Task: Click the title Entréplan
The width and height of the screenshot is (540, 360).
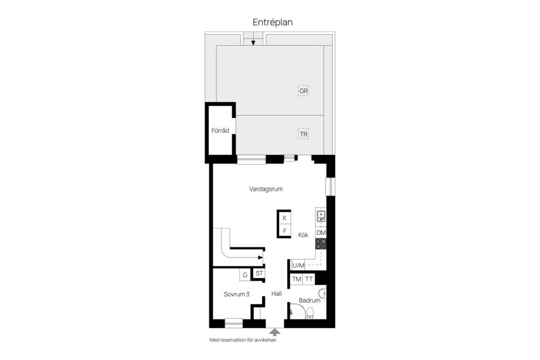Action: coord(272,22)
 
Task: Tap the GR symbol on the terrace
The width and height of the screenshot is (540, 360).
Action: coord(304,91)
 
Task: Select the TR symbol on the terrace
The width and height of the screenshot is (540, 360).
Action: coord(304,134)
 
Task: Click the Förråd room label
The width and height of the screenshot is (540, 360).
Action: coord(220,130)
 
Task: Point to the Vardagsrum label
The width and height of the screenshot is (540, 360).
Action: coord(265,189)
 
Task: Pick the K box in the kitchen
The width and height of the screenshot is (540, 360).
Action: coord(285,218)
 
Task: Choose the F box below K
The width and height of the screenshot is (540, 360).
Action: coord(285,231)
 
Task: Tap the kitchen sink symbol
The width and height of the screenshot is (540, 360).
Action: coord(321,216)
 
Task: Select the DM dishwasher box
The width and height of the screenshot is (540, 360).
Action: coord(321,232)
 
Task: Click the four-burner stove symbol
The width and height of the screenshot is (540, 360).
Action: coord(321,244)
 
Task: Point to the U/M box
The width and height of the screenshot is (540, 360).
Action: coord(298,265)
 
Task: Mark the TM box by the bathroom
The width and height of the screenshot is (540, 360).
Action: coord(296,278)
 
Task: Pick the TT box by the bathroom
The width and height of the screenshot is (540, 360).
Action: coord(309,278)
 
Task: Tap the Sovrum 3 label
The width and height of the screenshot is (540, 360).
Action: coord(236,294)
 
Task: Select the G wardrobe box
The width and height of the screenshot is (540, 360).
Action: coord(245,274)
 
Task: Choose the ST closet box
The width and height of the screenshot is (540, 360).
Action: coord(259,273)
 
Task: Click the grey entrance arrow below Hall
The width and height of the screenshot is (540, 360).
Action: coord(274,332)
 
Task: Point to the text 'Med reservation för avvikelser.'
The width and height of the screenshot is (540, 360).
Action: coord(243,340)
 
